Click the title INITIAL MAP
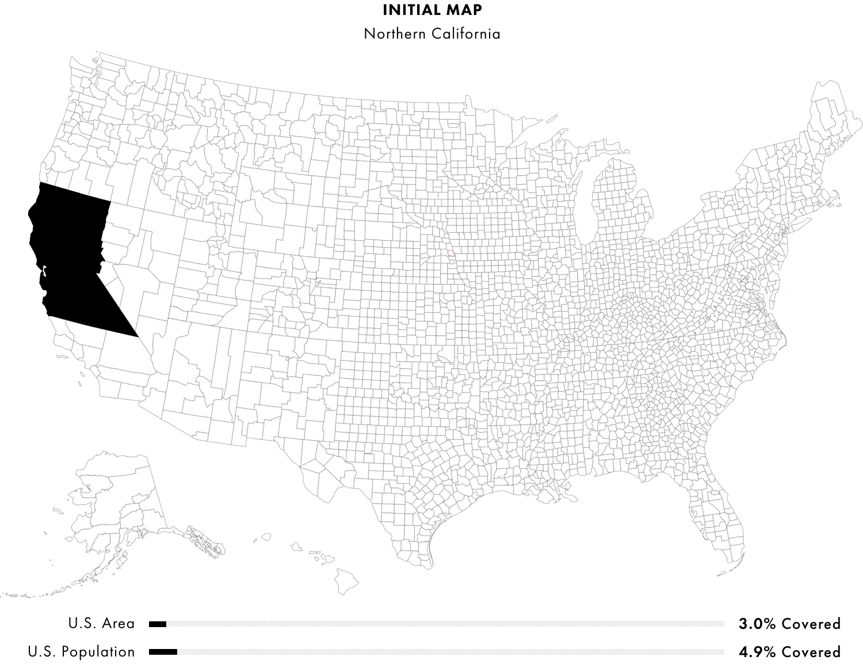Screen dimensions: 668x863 tap(431, 10)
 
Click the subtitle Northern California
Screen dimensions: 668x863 tap(431, 33)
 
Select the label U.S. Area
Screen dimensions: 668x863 tap(101, 623)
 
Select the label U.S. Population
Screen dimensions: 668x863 tap(81, 652)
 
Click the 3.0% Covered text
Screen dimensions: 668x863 tap(789, 624)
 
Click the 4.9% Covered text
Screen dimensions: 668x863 tap(789, 652)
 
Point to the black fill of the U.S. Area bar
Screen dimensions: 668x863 tap(157, 624)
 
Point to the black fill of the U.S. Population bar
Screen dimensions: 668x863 tap(163, 652)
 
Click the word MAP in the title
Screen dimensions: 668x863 tap(465, 10)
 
